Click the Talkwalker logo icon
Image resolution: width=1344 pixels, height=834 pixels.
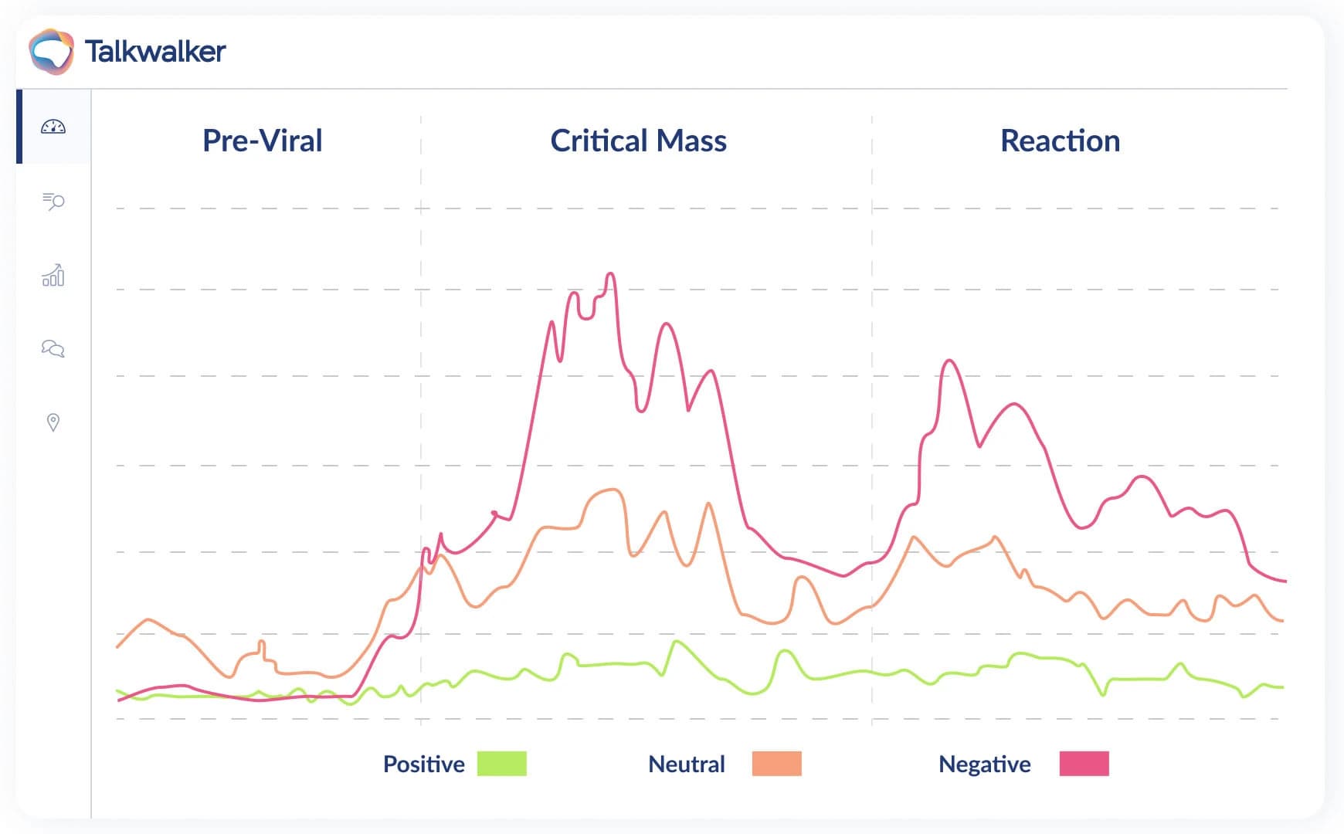click(x=51, y=52)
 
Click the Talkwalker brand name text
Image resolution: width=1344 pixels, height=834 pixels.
click(x=155, y=52)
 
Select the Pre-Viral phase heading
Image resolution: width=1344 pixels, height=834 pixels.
click(x=262, y=141)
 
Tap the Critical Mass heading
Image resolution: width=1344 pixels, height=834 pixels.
click(x=638, y=141)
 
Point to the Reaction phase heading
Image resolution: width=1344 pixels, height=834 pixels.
click(x=1060, y=141)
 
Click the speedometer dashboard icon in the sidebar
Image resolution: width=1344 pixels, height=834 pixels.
click(x=53, y=127)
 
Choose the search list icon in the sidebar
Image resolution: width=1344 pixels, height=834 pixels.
click(x=53, y=202)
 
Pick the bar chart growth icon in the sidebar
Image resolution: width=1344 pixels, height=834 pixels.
click(x=53, y=275)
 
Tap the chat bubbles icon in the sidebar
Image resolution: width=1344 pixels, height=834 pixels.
click(x=53, y=348)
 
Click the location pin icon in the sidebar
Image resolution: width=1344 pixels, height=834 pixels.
click(x=53, y=422)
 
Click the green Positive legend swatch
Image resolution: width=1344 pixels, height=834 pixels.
click(x=501, y=764)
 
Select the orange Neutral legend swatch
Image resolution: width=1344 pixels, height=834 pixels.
click(x=776, y=764)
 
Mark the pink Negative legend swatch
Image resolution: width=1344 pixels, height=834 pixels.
click(x=1084, y=764)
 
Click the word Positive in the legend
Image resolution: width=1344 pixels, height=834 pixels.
click(x=423, y=764)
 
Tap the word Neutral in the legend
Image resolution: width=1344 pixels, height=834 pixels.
click(x=686, y=764)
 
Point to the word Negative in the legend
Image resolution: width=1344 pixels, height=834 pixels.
click(x=984, y=764)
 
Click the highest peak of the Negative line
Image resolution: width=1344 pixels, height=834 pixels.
click(x=611, y=273)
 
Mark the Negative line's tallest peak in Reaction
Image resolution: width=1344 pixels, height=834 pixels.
click(x=949, y=361)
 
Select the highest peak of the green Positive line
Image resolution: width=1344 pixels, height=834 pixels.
click(x=677, y=642)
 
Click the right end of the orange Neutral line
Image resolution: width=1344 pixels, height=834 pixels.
click(x=1282, y=621)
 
